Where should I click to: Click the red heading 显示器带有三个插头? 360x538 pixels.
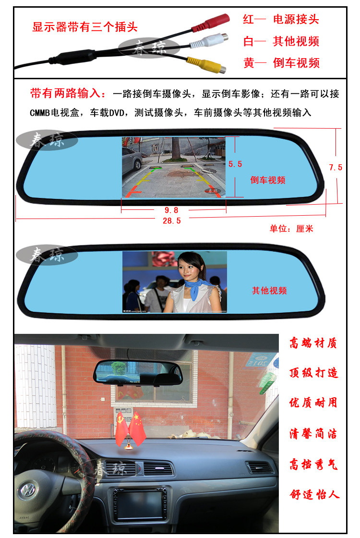point(84,27)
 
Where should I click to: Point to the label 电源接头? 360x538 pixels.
point(296,19)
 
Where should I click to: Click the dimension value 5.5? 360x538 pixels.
point(235,164)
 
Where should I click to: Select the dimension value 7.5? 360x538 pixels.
point(336,168)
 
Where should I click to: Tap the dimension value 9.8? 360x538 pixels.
point(171,210)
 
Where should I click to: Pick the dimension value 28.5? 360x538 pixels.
point(172,220)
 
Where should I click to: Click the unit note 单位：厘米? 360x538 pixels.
point(291,229)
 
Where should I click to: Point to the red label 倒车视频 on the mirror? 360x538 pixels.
point(268,180)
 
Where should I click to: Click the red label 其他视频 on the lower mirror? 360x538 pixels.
point(269,291)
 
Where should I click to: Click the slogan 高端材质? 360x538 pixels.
point(313,343)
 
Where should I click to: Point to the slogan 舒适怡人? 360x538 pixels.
point(314,494)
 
